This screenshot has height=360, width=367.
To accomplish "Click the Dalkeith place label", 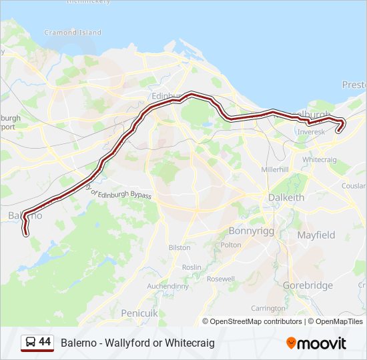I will point(286,198).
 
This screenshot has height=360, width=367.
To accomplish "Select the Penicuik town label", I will point(139,313).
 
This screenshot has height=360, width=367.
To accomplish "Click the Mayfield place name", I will point(316,235).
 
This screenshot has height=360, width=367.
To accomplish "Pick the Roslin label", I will point(191,267).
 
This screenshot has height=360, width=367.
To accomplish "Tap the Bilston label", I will point(179,247).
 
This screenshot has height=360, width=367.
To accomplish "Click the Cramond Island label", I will point(73,32).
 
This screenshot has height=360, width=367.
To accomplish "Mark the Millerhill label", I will point(275,169).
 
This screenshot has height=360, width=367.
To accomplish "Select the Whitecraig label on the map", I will point(320,160).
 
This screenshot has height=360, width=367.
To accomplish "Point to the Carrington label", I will point(268,308).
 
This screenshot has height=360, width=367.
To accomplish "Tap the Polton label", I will point(231,245).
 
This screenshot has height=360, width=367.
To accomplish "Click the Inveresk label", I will point(311,132).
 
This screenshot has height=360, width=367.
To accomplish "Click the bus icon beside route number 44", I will point(31,343).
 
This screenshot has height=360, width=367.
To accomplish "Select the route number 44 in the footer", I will point(45,342).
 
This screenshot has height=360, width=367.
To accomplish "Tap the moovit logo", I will point(316,343).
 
